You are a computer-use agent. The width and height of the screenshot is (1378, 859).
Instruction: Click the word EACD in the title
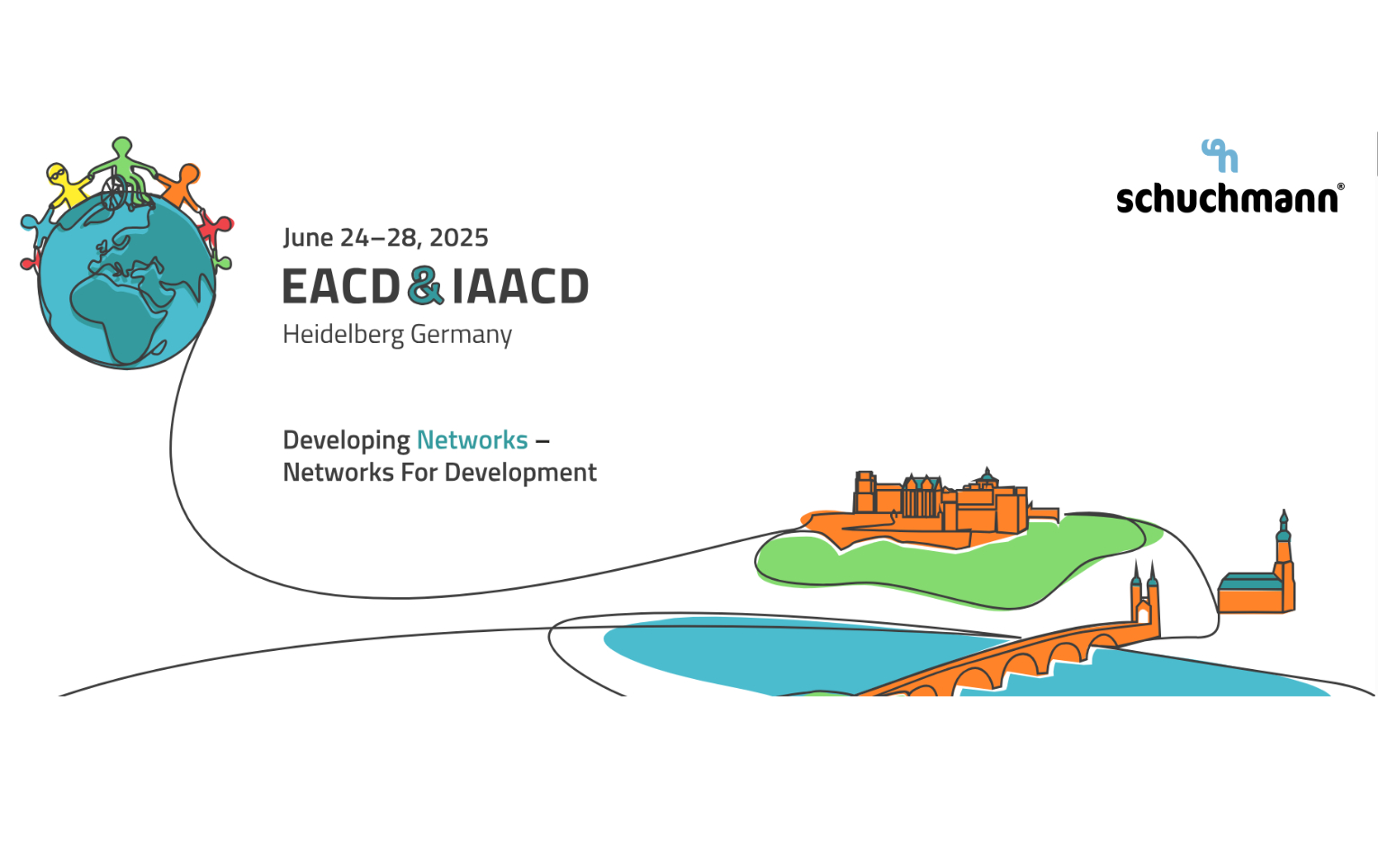click(341, 286)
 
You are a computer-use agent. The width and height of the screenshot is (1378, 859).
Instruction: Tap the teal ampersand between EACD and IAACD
click(426, 285)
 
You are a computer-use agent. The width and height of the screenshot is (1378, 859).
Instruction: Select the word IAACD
click(520, 286)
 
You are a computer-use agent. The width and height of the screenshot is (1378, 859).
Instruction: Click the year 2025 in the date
click(459, 238)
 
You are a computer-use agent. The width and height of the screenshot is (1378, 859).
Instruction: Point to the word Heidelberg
click(343, 335)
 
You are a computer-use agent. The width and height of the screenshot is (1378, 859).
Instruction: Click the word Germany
click(461, 336)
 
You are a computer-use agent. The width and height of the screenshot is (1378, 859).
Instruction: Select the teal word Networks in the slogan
click(473, 440)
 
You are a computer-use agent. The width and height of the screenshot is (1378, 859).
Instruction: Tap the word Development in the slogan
click(520, 474)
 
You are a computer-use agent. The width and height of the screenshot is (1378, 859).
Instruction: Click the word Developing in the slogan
click(347, 441)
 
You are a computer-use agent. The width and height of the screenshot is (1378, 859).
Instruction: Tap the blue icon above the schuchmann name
click(1220, 156)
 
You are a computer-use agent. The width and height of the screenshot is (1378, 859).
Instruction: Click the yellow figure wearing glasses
click(67, 185)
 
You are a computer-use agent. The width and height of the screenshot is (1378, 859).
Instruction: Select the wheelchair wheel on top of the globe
click(113, 192)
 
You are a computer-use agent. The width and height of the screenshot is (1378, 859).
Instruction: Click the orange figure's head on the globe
click(189, 174)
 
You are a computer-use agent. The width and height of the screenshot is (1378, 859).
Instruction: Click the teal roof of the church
click(1249, 582)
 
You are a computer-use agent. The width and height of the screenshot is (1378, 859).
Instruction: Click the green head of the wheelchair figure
click(122, 147)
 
